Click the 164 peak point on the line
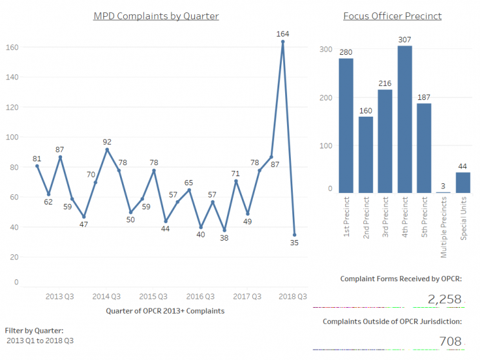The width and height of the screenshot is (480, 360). [283, 41]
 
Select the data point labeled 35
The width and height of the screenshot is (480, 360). [295, 235]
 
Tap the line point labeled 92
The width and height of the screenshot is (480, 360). [107, 150]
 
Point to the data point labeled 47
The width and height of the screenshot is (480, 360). [84, 217]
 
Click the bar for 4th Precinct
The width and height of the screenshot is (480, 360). [405, 119]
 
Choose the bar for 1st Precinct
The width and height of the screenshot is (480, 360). [346, 126]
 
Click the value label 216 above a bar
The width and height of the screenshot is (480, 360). [385, 83]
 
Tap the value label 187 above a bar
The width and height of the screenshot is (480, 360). [424, 97]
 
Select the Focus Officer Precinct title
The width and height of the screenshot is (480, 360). [392, 15]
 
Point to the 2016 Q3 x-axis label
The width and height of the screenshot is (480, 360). [201, 297]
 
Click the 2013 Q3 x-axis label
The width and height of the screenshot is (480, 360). [59, 297]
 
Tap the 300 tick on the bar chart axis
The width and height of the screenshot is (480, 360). [325, 50]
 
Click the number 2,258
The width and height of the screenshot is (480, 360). [445, 299]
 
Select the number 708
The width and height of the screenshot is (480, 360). [449, 341]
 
